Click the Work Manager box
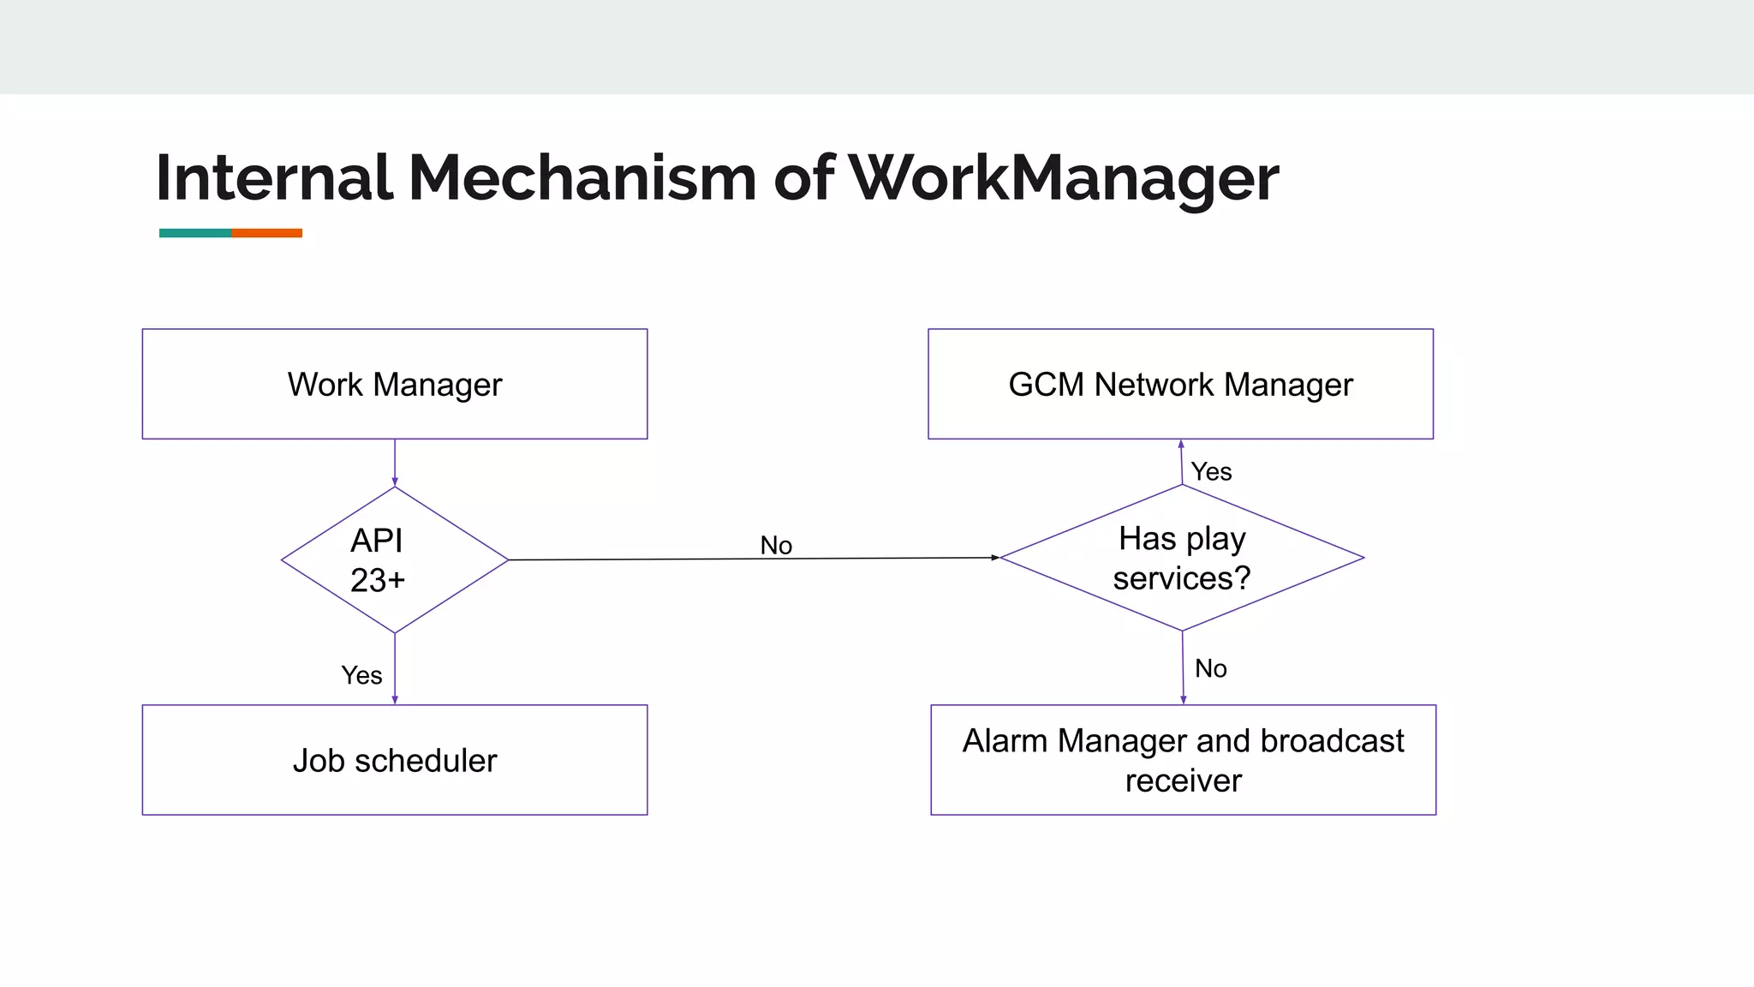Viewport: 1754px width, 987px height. (x=394, y=384)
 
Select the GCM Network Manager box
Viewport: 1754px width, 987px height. (x=1180, y=384)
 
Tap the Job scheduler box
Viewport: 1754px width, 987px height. (x=394, y=760)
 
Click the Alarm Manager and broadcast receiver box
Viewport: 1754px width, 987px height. (x=1183, y=760)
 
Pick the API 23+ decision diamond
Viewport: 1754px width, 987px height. (x=394, y=560)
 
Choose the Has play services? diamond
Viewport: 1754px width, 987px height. (x=1182, y=558)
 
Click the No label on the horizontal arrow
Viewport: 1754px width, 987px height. (x=776, y=545)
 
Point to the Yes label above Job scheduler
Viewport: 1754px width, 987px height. (x=361, y=675)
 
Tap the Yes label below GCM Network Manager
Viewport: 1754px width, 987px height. (x=1211, y=471)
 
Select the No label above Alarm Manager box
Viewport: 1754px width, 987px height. (x=1210, y=668)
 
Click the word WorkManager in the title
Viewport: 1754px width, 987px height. (x=1063, y=178)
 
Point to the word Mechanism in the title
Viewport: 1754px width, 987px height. (x=582, y=178)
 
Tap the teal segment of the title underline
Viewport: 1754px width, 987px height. (x=195, y=233)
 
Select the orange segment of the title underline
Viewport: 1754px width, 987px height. (x=266, y=233)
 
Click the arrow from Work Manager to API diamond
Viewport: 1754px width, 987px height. (x=395, y=463)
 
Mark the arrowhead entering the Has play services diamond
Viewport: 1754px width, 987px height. (x=994, y=558)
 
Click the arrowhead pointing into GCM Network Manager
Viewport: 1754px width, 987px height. (x=1181, y=445)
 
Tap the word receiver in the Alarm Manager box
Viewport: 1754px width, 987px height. (x=1183, y=781)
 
